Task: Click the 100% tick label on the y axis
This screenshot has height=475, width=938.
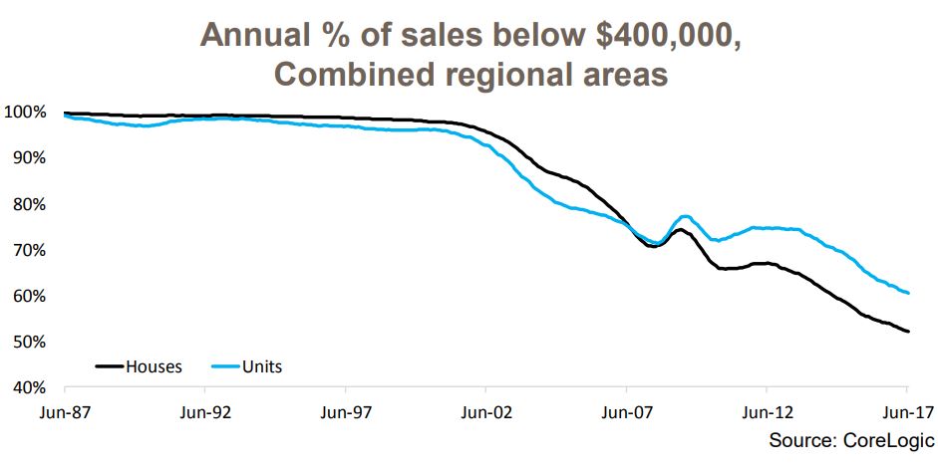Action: tap(24, 112)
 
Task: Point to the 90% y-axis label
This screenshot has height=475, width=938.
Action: tap(28, 157)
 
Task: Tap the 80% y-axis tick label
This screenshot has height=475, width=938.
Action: tap(28, 204)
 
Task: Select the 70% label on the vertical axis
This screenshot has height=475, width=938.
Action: tap(28, 250)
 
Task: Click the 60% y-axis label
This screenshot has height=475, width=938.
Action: tap(28, 296)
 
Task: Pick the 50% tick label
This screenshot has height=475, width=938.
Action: tap(28, 342)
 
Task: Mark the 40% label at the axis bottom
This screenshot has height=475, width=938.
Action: tap(28, 387)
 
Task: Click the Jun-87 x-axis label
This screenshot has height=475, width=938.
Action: tap(64, 409)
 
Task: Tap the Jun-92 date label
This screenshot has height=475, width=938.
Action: tap(204, 409)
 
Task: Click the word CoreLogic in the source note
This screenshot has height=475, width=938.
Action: tap(885, 439)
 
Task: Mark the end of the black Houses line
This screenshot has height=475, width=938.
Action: tap(907, 332)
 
